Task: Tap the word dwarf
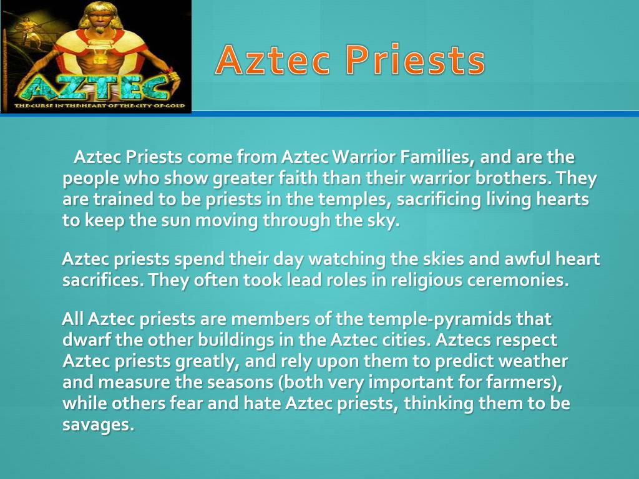tap(86, 341)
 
